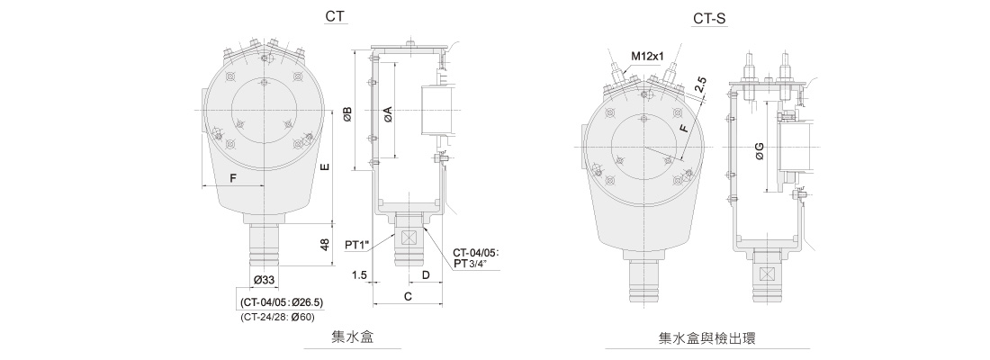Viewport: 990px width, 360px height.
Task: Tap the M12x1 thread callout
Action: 647,57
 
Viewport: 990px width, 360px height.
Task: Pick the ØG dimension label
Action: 760,154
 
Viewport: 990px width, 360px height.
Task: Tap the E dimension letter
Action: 325,167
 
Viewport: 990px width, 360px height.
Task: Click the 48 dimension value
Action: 325,243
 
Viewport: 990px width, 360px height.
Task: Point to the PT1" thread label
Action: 358,244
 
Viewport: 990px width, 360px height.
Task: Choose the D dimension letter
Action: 425,274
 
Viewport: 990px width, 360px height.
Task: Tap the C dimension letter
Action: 408,295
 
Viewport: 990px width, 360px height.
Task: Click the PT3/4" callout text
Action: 472,264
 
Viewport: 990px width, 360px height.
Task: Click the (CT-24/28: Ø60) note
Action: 277,317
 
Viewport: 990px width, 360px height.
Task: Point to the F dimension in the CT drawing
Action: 233,178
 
